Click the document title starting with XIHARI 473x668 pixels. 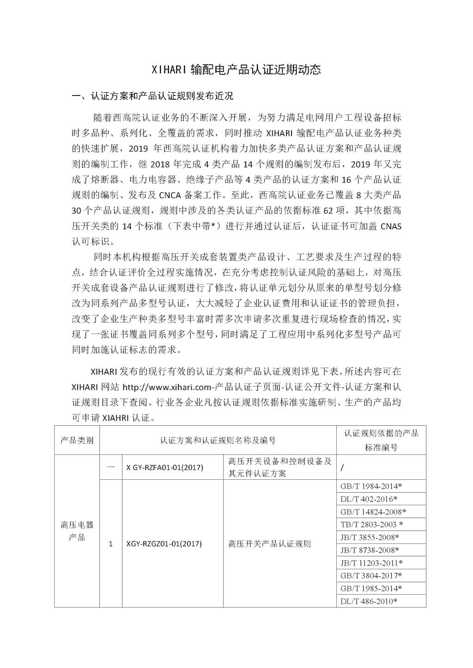(x=236, y=70)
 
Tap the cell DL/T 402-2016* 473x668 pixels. (x=369, y=499)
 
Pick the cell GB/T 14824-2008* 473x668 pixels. (x=373, y=511)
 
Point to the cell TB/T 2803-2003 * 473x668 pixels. (x=372, y=524)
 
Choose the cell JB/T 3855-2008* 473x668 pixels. (x=370, y=537)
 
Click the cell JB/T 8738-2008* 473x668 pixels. (x=370, y=550)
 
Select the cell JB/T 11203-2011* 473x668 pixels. (x=371, y=563)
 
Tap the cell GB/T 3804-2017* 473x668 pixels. (x=371, y=575)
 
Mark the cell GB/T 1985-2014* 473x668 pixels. (x=371, y=588)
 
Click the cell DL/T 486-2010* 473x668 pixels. (x=369, y=601)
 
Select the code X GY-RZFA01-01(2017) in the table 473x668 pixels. (x=165, y=467)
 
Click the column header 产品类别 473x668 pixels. (x=77, y=440)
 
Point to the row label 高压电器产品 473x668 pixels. (x=77, y=531)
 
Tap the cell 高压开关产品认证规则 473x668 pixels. (x=270, y=543)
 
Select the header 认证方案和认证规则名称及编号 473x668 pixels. (x=218, y=440)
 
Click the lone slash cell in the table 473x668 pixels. (x=342, y=468)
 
